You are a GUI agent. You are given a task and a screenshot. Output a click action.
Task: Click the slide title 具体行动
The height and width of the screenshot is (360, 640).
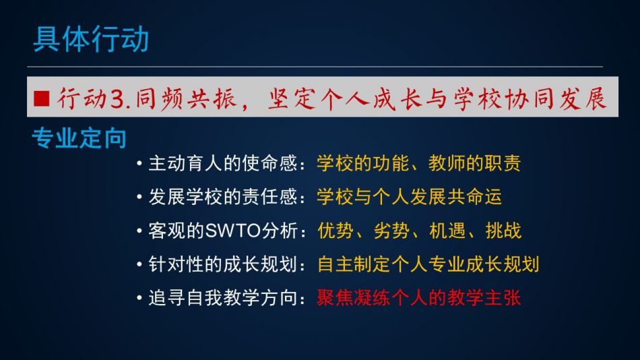pos(91,39)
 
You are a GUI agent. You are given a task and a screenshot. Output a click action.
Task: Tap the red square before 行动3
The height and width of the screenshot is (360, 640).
pos(42,98)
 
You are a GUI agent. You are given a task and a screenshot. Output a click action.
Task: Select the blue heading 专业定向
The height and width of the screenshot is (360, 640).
pos(79,138)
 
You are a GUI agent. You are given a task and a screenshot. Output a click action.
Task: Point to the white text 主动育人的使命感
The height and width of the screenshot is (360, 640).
pos(223,163)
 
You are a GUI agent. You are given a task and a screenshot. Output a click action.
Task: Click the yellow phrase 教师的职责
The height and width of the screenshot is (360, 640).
pos(475,163)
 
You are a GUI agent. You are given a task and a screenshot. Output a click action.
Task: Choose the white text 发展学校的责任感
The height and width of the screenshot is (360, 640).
pos(223,197)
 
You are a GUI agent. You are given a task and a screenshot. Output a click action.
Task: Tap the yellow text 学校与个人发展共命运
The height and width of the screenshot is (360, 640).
pos(410,197)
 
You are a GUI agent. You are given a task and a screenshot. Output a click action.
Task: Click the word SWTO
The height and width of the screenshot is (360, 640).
pos(233,231)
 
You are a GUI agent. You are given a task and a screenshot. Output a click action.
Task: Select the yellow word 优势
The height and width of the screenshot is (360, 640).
pos(335,231)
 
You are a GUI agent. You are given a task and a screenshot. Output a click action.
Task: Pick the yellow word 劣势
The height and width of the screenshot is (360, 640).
pos(392,231)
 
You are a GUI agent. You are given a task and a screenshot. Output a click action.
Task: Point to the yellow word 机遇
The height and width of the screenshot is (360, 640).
pos(447,231)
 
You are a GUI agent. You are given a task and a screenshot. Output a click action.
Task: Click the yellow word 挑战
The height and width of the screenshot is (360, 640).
pos(503,231)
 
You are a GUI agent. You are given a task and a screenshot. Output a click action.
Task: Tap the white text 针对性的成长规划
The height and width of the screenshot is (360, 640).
pos(223,264)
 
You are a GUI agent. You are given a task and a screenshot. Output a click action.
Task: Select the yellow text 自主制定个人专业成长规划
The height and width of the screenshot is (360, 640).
pos(428,264)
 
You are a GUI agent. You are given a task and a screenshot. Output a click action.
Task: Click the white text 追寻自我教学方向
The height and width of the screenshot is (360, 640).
pos(223,298)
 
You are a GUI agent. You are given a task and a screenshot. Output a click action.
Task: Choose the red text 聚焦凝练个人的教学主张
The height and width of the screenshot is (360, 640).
pos(419,298)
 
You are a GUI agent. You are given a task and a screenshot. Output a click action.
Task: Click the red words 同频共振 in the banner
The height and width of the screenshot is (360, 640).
pos(186,98)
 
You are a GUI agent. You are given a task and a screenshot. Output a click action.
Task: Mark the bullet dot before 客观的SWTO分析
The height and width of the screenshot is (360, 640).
pos(139,231)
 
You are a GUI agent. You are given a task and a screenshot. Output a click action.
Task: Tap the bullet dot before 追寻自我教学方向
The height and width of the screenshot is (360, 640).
pos(139,298)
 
